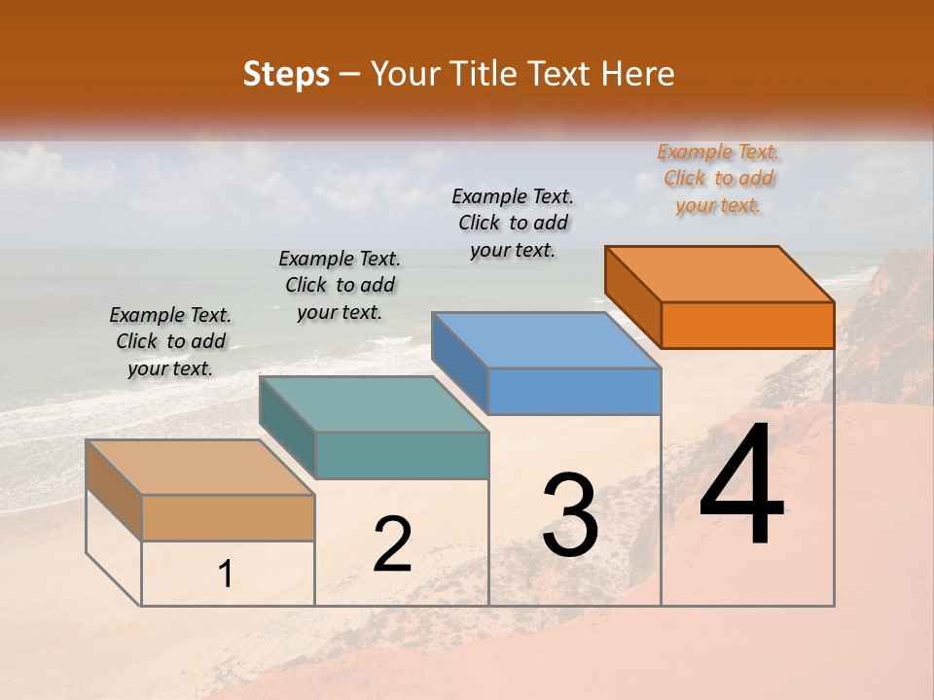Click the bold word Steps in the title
pyautogui.click(x=286, y=74)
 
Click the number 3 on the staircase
pyautogui.click(x=570, y=515)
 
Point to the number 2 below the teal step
pyautogui.click(x=392, y=545)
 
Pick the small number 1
pyautogui.click(x=226, y=575)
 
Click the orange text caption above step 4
pyautogui.click(x=718, y=179)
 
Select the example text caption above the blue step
pyautogui.click(x=513, y=224)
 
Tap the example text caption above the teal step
pyautogui.click(x=340, y=286)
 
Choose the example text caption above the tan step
pyautogui.click(x=170, y=342)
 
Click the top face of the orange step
pyautogui.click(x=720, y=274)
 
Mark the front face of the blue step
pyautogui.click(x=574, y=392)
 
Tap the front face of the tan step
pyautogui.click(x=228, y=517)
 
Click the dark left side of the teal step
pyautogui.click(x=287, y=426)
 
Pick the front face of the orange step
pyautogui.click(x=747, y=325)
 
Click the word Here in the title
pyautogui.click(x=643, y=74)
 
